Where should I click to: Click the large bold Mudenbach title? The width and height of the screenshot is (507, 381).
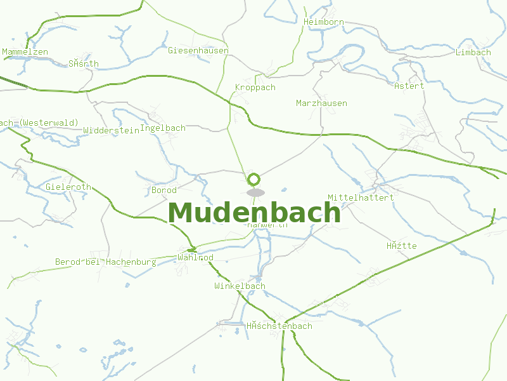coord(255,213)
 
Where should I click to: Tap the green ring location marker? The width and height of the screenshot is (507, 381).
coord(254,179)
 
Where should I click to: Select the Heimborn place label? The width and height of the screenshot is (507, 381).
coord(324,22)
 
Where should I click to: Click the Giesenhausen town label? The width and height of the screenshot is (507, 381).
coord(198,50)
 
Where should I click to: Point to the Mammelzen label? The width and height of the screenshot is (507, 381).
coord(25,51)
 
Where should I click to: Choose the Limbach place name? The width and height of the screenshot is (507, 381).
coord(473,52)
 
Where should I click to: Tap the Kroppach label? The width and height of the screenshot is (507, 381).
coord(255,88)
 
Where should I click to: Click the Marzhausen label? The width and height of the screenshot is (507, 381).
coord(321,103)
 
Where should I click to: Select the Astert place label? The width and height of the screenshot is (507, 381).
coord(409,86)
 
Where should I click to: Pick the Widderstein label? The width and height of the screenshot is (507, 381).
coord(111,130)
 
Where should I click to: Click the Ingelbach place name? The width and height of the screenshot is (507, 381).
coord(162,128)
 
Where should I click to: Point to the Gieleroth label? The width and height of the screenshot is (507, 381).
coord(68,187)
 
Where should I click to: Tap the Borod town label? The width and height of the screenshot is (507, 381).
coord(164,190)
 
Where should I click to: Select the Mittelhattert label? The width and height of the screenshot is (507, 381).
coord(361,197)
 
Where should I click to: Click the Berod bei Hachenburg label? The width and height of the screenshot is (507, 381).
coord(105,262)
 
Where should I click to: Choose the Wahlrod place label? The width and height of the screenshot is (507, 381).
coord(195,258)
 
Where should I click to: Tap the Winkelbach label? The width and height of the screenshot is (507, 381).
coord(240,286)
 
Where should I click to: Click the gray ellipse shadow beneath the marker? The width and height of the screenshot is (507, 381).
coord(255,192)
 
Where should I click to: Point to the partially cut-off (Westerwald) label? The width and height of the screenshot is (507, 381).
coord(39,123)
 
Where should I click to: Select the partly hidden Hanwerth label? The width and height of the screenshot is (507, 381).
coord(267,225)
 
